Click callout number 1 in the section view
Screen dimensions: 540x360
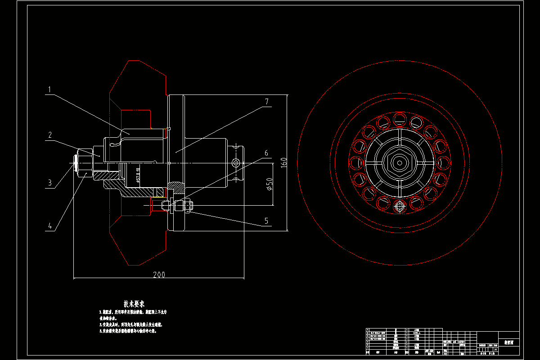click(x=50, y=89)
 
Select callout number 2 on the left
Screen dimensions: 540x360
click(x=50, y=135)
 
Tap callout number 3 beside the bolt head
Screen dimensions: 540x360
click(x=50, y=183)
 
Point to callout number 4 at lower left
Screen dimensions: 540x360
click(x=50, y=226)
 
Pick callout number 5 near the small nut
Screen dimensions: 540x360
click(x=266, y=220)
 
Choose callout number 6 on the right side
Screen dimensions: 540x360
click(x=266, y=153)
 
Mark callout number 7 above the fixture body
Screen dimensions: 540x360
click(x=266, y=102)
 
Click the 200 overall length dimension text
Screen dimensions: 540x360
click(x=159, y=274)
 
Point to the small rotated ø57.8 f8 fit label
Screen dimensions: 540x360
click(x=138, y=172)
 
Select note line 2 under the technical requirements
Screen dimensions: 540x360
click(x=130, y=324)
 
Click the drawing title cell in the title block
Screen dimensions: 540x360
click(x=509, y=342)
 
